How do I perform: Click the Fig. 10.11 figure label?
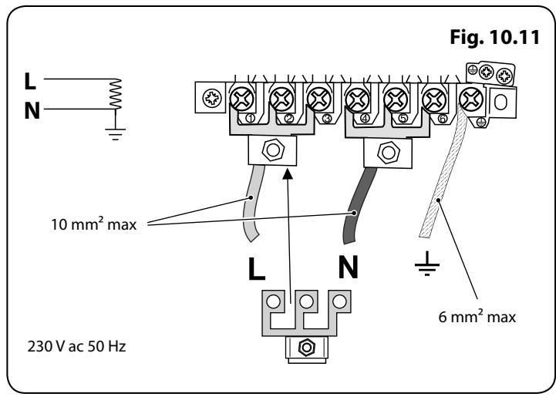pos(494,37)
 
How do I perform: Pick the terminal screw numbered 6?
pos(434,100)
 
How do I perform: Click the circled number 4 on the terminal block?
pos(365,119)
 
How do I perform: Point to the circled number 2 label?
pos(288,119)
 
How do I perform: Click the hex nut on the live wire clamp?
pos(273,150)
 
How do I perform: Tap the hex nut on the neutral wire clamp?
pos(389,153)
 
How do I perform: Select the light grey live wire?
pos(253,203)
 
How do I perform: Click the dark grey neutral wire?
pos(357,206)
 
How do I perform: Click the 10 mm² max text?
pos(93,224)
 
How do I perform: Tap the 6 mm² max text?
pos(477,316)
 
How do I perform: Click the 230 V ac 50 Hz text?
pos(76,346)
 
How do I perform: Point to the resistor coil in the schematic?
pos(116,93)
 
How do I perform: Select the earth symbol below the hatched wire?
pos(427,264)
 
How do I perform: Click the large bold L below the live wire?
pos(256,269)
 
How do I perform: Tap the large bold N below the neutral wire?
pos(349,267)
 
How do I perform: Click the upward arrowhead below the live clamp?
pos(288,173)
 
